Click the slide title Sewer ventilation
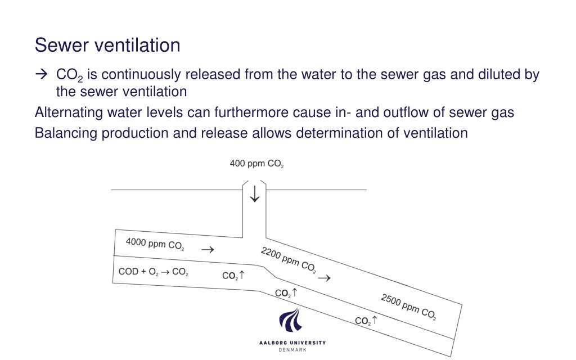(107, 45)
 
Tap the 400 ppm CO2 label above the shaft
(256, 164)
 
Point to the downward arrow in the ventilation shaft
(255, 192)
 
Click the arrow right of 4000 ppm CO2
(207, 250)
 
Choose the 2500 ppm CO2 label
(408, 307)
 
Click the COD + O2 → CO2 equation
(153, 272)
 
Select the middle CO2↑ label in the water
(286, 293)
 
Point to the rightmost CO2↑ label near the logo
(366, 321)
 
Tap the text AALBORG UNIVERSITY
(292, 343)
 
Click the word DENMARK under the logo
(292, 350)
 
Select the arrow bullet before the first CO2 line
(41, 75)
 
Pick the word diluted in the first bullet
(498, 75)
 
